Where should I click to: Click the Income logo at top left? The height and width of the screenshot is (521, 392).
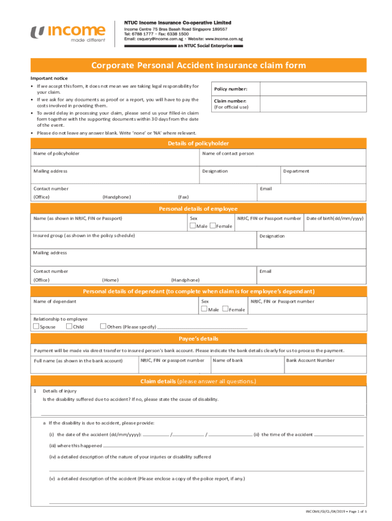[68, 34]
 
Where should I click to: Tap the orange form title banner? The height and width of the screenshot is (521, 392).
[199, 65]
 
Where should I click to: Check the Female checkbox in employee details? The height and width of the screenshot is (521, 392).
[212, 226]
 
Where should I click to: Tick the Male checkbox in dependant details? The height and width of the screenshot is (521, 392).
[204, 309]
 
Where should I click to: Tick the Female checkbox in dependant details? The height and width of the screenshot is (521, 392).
[225, 309]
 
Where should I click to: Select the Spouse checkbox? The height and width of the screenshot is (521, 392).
[36, 326]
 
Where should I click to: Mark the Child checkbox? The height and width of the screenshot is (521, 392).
[69, 326]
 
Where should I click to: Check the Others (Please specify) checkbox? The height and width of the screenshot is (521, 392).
[103, 326]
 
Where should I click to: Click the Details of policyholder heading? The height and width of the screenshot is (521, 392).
[199, 143]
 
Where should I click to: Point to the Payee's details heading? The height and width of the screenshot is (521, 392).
[199, 339]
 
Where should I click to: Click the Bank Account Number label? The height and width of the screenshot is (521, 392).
[310, 360]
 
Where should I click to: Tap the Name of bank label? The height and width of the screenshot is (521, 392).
[228, 360]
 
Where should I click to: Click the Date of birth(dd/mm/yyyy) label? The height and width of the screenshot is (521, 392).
[335, 218]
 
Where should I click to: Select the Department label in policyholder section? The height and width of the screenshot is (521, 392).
[296, 171]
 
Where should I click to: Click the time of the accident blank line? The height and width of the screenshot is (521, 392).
[339, 436]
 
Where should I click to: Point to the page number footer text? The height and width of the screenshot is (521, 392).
[336, 511]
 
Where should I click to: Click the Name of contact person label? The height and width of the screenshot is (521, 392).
[228, 153]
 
